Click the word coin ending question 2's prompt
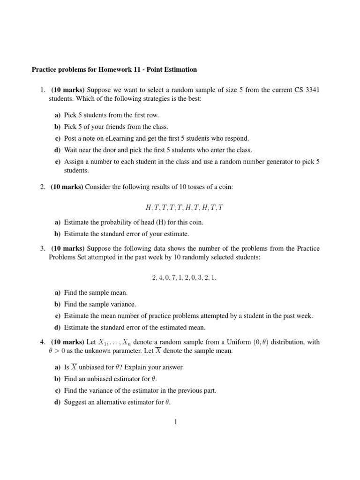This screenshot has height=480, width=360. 225,187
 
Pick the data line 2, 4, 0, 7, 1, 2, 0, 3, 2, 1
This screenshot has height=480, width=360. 184,277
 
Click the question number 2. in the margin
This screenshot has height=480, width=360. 42,187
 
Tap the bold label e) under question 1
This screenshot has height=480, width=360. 58,162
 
